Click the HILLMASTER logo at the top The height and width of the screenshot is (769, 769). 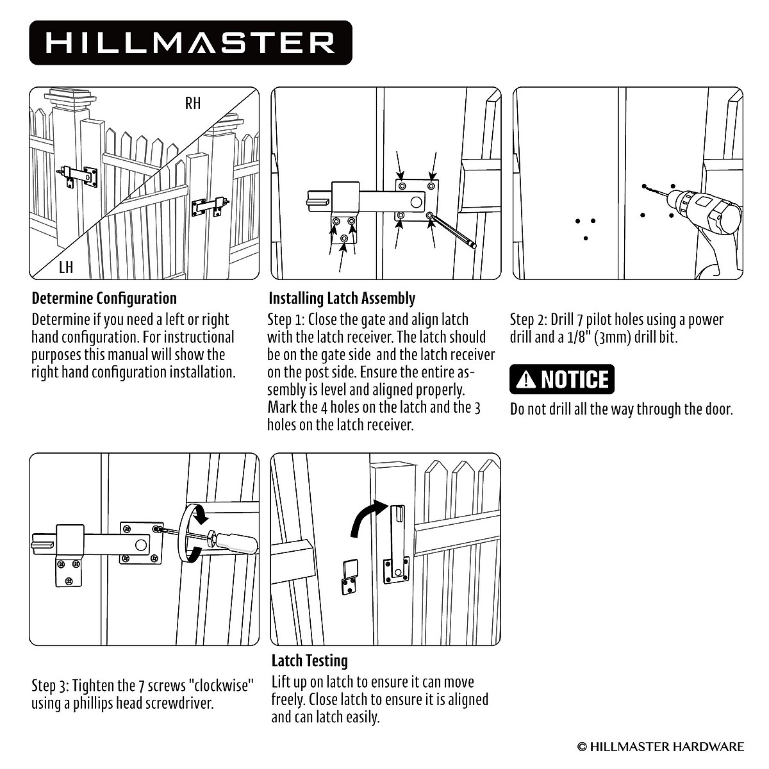(190, 43)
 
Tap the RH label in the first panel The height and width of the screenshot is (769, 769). (192, 103)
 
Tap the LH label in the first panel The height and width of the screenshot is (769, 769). (65, 267)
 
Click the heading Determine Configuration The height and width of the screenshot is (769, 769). (104, 299)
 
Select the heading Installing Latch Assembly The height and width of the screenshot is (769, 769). (342, 299)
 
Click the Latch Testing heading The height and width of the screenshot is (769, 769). (310, 661)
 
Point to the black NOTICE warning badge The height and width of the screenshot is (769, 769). (562, 379)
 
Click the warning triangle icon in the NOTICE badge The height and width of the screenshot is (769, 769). (526, 380)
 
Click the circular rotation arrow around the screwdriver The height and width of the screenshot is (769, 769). (190, 533)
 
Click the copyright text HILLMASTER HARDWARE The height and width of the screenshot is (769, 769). (661, 747)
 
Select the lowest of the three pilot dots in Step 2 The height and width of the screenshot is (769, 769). (586, 238)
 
